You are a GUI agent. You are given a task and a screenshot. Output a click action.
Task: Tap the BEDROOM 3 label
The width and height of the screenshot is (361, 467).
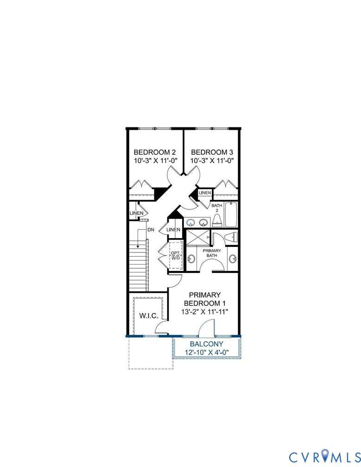211,152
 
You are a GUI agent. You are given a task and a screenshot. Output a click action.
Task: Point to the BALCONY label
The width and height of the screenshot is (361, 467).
206,344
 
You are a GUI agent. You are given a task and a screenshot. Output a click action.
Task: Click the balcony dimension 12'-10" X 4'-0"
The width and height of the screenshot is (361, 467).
206,353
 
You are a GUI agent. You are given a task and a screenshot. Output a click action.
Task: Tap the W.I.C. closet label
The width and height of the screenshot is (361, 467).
149,316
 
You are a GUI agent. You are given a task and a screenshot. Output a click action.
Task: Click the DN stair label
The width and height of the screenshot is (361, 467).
151,229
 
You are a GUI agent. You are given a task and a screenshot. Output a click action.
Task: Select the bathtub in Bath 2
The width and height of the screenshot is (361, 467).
231,215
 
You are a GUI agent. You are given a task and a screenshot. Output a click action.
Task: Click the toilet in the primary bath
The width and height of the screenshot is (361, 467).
230,238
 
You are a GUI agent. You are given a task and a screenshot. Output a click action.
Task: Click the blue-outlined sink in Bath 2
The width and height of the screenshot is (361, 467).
190,222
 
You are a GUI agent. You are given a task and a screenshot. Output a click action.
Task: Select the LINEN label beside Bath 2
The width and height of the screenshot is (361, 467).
205,193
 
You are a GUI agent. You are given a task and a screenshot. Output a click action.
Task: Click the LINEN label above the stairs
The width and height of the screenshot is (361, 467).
136,213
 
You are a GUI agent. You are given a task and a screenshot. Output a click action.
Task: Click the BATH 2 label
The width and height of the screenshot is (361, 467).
216,208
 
